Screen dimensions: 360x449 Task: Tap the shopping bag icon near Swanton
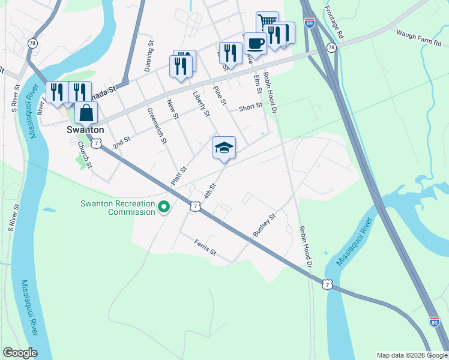(x=86, y=112)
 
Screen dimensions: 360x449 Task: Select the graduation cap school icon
(x=224, y=148)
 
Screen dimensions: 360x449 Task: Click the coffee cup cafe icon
(x=256, y=43)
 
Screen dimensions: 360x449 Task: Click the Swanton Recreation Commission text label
(x=118, y=208)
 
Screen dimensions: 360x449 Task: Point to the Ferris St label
(x=205, y=247)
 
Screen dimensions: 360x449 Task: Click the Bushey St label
(x=264, y=225)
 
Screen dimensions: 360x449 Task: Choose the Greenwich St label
(x=157, y=125)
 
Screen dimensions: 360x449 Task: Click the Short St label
(x=250, y=107)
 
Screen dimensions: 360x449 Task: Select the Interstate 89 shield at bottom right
(x=434, y=322)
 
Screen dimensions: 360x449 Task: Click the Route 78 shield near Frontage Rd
(x=331, y=47)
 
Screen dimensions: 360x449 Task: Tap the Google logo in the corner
(x=20, y=353)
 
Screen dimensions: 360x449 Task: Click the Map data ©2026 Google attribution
(x=411, y=355)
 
